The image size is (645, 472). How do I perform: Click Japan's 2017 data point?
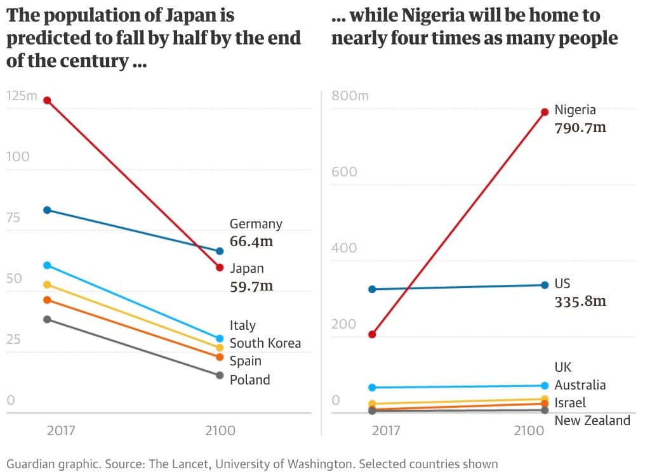47,100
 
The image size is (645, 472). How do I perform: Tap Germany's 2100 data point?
220,251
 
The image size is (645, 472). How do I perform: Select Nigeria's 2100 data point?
545,112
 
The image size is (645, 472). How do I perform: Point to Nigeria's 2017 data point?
373,334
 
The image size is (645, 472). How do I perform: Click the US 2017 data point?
373,289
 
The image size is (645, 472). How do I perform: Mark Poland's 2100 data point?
220,375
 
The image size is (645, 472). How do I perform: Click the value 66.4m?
251,242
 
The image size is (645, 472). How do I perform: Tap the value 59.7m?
251,286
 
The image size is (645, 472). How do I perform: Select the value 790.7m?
580,128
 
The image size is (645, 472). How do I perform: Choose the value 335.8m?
580,301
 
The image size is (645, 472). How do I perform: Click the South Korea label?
265,343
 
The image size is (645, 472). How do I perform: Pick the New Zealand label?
592,420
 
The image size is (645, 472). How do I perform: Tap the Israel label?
570,402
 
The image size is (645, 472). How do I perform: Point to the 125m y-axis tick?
22,96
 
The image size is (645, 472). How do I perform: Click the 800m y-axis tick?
350,96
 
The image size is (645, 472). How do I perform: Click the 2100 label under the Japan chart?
220,431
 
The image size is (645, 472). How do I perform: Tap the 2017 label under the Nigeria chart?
385,431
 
